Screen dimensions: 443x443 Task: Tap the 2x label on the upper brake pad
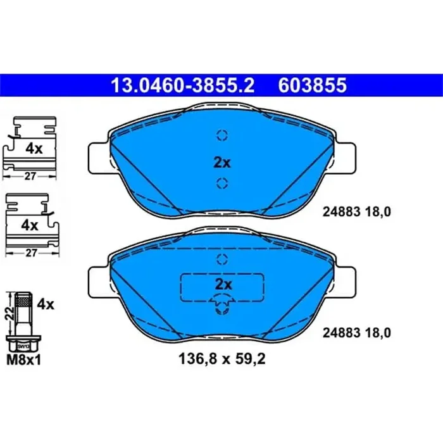[x=221, y=162]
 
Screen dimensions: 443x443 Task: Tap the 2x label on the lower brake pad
[x=221, y=283]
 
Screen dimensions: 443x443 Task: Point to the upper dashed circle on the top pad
[x=221, y=135]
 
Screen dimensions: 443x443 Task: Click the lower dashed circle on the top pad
[x=221, y=184]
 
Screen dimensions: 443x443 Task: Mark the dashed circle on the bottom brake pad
[x=221, y=259]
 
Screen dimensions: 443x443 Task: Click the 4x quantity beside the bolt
[x=46, y=304]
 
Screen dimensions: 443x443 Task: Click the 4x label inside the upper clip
[x=33, y=149]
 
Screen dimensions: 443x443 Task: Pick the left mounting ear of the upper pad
[x=99, y=154]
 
